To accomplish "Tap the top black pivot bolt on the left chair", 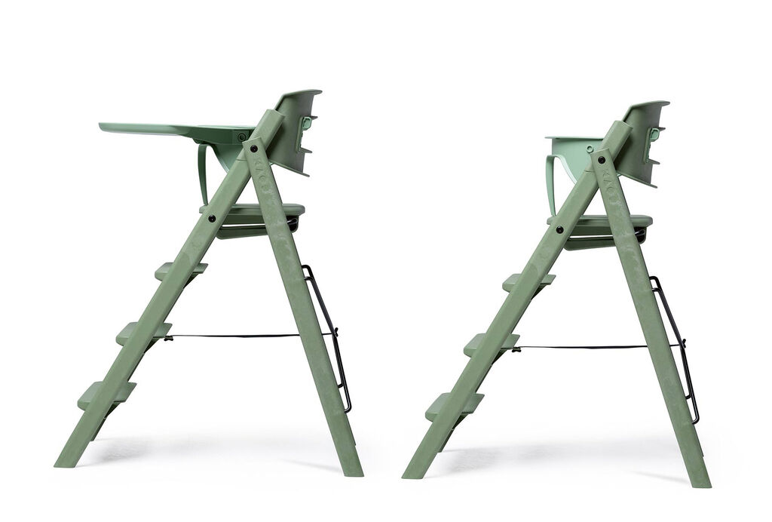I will point(255,150).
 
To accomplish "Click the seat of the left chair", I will point(256,210).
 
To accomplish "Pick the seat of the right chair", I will point(603,221).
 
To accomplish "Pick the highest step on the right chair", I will point(527,282).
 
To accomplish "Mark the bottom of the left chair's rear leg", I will point(351,468).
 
